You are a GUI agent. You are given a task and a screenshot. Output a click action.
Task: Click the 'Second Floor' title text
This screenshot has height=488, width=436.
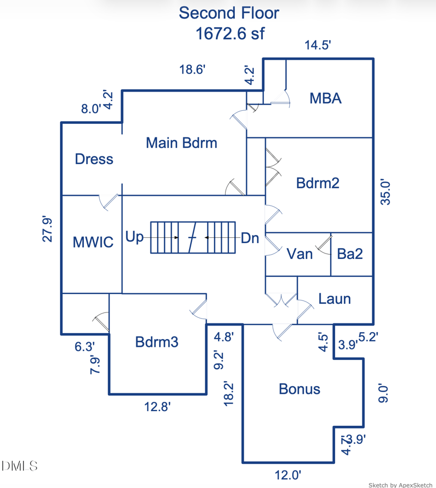coord(229,13)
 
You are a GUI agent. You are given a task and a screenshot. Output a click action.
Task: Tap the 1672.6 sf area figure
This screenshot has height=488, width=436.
coord(230,34)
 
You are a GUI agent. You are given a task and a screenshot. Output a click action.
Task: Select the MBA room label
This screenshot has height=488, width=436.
coord(325,98)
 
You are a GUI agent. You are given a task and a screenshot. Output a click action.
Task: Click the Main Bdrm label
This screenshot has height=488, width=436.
coord(181,143)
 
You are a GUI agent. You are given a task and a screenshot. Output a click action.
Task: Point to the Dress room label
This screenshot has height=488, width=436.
coord(94,159)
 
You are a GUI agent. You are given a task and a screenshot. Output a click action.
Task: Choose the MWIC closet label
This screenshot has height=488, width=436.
coord(93,242)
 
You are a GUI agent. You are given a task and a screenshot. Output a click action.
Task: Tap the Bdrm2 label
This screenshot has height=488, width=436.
coord(318,183)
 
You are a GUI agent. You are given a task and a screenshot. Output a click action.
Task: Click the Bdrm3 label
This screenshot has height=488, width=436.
coord(157,342)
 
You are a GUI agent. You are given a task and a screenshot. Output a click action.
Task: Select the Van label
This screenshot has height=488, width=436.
coord(300,254)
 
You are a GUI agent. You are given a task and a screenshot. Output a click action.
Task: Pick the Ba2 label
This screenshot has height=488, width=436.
coord(350,254)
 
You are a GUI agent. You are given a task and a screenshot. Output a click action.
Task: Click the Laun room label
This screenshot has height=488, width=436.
coord(335,299)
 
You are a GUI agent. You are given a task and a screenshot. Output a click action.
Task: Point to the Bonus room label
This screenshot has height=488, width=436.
coord(299,389)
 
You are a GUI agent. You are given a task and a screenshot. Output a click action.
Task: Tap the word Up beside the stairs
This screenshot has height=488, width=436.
coord(135,237)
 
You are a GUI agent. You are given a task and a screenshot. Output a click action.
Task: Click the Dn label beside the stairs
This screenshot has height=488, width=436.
coord(250,238)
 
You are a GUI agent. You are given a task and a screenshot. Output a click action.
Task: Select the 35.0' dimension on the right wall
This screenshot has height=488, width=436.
coord(386,191)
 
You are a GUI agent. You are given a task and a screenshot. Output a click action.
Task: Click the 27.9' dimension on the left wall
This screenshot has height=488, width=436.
coord(48,229)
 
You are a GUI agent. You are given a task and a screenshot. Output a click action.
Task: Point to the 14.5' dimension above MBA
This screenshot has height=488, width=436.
coord(318,45)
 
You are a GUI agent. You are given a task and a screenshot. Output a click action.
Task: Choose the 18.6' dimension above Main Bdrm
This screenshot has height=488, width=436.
coord(192,69)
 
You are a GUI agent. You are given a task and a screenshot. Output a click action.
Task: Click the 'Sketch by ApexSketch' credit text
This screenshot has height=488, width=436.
coord(400,484)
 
